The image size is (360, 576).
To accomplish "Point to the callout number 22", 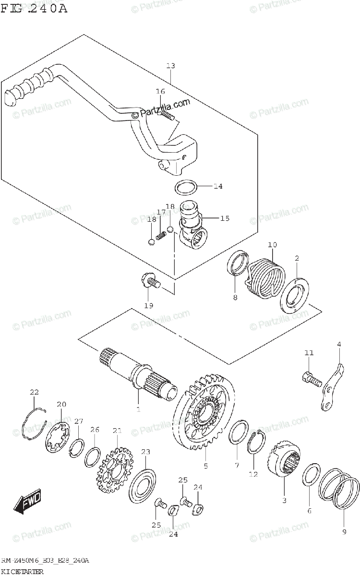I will click(34, 392).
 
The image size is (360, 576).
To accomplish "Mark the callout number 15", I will click(225, 218).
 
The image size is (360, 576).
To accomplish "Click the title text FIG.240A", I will click(35, 9).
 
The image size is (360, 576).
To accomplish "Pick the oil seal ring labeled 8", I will click(237, 264).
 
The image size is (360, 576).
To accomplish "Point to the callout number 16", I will click(160, 91).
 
